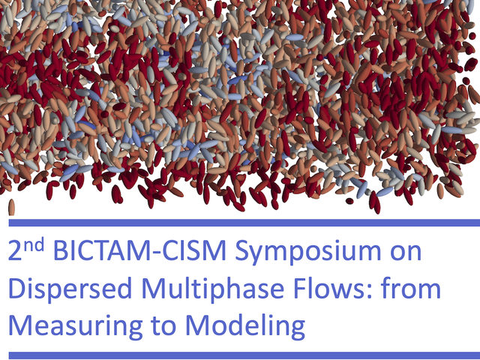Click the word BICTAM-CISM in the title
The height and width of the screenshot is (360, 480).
point(139,251)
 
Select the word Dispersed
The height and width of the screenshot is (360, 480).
point(70,288)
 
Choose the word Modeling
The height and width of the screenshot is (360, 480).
point(245,325)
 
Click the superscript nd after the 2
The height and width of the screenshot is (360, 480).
point(34,245)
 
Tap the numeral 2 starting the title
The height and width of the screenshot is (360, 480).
point(15,251)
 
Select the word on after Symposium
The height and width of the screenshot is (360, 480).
point(403,253)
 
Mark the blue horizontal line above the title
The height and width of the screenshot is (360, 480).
point(244,223)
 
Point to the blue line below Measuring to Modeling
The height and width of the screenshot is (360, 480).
point(244,355)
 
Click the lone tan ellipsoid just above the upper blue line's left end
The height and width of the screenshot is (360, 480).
point(12,207)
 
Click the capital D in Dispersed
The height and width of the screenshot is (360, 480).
point(17,288)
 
